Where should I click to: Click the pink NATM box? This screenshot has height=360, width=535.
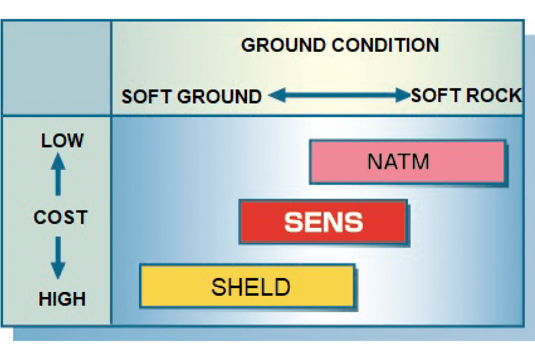click(407, 162)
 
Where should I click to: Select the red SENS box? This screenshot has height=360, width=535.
click(323, 222)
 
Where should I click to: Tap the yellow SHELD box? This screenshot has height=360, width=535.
click(248, 286)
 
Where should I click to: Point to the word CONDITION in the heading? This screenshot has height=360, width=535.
click(385, 45)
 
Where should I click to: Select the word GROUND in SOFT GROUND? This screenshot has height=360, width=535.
click(219, 97)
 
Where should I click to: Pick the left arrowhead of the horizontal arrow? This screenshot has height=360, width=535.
click(277, 95)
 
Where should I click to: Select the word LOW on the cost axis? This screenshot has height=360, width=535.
click(62, 140)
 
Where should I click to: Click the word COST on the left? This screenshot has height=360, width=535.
click(61, 217)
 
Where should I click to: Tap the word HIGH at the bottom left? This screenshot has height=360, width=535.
click(62, 299)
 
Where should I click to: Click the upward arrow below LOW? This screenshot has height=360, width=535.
click(59, 174)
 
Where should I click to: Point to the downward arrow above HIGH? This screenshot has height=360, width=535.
click(59, 258)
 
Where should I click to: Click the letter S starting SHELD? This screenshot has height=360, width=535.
click(219, 287)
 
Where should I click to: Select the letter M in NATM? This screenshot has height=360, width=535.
click(420, 161)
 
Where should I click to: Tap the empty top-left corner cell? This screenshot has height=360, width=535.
click(56, 67)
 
